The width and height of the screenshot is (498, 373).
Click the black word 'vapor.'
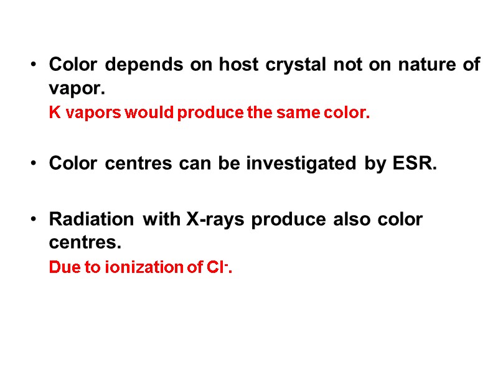(x=73, y=89)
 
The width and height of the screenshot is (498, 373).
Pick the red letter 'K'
(x=54, y=114)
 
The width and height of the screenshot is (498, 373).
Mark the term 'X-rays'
(x=209, y=219)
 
